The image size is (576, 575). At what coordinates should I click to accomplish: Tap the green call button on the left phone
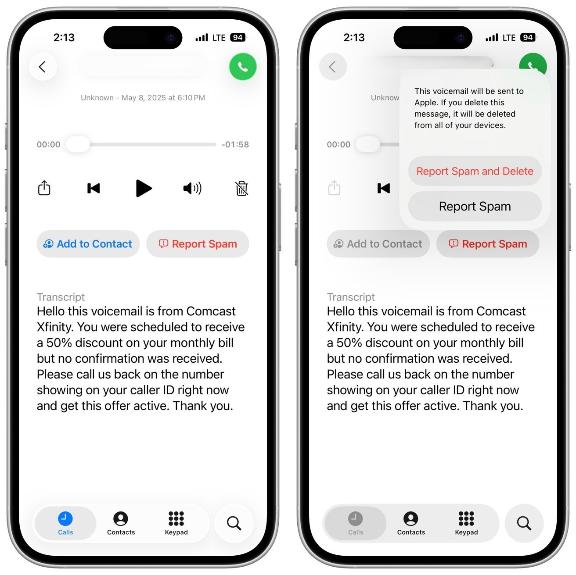pos(243,67)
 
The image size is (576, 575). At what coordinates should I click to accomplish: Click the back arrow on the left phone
pos(43,67)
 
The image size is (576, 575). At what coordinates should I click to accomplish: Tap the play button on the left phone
pos(143,188)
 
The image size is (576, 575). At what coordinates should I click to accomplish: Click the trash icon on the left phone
pos(242,188)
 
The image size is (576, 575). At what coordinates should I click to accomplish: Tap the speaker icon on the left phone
pos(192,188)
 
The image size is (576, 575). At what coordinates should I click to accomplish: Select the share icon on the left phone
pos(44,188)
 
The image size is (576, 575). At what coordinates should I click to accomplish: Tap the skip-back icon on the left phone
pos(94,188)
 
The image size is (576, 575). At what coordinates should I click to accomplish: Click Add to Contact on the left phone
pos(88,244)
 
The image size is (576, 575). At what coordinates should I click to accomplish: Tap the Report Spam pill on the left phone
pos(198,244)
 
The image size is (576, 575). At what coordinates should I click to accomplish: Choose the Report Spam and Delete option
pos(475,171)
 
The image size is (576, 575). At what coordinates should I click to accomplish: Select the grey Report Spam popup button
pos(475,206)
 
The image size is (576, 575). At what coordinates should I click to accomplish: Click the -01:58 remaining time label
pos(235,144)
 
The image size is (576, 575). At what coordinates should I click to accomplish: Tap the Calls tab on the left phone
pos(65,523)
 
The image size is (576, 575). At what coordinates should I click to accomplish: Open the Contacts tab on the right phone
pos(411,523)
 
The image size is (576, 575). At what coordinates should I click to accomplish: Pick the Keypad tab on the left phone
pos(176,523)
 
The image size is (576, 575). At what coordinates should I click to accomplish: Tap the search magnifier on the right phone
pos(524,523)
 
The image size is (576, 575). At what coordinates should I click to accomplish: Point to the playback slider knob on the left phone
pos(78,144)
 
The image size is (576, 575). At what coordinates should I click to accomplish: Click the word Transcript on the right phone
pos(351,297)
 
